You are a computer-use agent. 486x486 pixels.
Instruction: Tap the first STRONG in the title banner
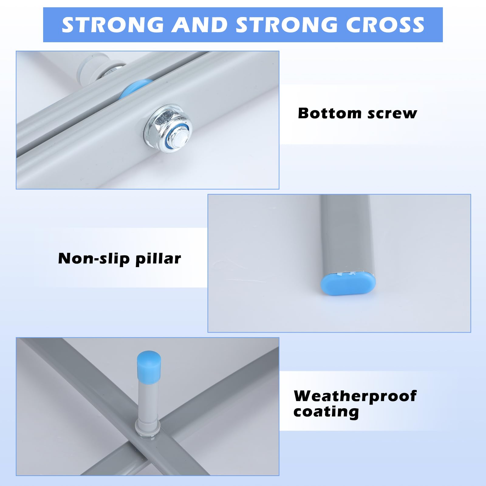[x=113, y=25]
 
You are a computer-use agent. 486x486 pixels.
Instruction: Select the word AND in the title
[x=200, y=25]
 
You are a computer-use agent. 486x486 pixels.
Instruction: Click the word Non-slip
[x=94, y=259]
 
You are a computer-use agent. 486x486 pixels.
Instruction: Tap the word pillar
[x=158, y=259]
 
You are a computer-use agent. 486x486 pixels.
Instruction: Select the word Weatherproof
[x=355, y=396]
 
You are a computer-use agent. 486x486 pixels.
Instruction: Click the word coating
[x=326, y=412]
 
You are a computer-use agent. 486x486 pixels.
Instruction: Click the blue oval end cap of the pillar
[x=348, y=283]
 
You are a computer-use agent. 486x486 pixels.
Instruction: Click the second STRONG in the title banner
[x=287, y=25]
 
